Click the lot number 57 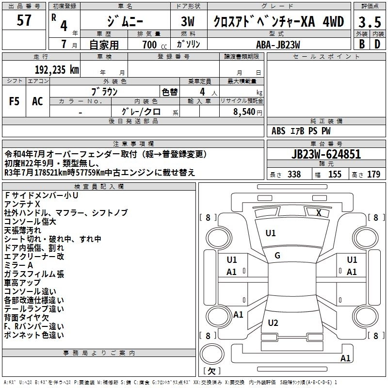click(x=24, y=21)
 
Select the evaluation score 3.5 click(x=369, y=22)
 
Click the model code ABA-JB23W click(x=278, y=44)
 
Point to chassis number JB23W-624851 click(x=326, y=154)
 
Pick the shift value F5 click(x=14, y=101)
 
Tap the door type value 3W click(x=188, y=22)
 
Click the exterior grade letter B click(x=361, y=44)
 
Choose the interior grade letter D click(x=377, y=44)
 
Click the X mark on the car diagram click(x=319, y=212)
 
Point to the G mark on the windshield click(x=277, y=256)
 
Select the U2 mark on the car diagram click(x=273, y=323)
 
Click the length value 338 click(x=294, y=175)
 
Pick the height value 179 click(x=374, y=175)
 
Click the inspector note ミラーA click(x=18, y=265)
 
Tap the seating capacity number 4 click(x=201, y=91)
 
